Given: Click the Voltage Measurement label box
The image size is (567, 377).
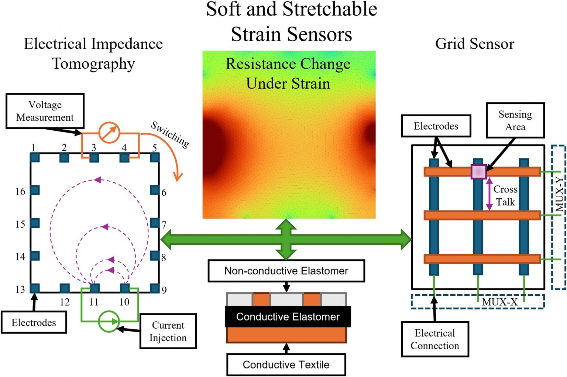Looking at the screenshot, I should coord(45,111).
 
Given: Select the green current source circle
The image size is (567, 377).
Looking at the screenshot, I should coord(109,321).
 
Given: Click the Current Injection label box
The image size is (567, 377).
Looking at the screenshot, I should coord(168,331).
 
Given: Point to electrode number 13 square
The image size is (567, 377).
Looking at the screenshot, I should coord(35,288).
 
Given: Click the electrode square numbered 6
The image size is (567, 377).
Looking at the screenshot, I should coord(155,190).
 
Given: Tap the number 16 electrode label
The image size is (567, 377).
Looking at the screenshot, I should coord(20,192).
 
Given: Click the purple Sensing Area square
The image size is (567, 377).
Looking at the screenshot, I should coord(478,172).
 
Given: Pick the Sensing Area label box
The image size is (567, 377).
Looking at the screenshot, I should coord(515,120).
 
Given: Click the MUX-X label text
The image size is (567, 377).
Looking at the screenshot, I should coord(499,302).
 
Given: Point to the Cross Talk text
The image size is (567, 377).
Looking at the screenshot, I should coord(505,196).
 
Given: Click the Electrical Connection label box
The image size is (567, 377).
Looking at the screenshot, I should coord(435,339).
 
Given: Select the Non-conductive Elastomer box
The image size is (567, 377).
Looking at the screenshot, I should coord(286,271).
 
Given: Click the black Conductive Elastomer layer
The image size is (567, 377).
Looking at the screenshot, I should coord(288,317).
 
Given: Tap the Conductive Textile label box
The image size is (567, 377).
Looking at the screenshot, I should coord(286,365).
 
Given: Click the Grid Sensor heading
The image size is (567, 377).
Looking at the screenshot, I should coord(474,44).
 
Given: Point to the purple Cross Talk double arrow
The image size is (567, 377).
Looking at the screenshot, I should coord(489,194).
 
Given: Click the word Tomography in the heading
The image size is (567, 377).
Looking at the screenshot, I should coord(93,64).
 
